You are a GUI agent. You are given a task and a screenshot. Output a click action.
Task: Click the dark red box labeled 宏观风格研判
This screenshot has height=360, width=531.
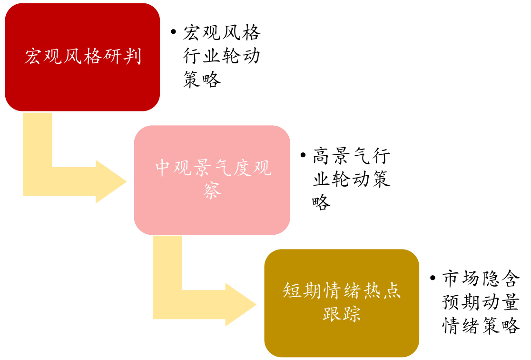(82, 57)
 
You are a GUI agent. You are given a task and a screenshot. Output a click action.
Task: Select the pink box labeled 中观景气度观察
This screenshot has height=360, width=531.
(212, 180)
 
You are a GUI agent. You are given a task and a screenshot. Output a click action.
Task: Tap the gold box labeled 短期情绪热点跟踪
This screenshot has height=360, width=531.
(342, 303)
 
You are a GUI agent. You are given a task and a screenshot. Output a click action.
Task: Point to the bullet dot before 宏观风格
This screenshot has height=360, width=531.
(174, 33)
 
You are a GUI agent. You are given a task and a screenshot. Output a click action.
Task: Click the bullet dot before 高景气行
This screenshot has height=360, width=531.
(303, 156)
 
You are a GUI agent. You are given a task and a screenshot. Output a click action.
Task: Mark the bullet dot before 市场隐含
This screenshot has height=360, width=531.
(433, 278)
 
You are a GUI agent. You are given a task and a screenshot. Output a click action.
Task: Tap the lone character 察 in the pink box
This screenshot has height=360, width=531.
(212, 191)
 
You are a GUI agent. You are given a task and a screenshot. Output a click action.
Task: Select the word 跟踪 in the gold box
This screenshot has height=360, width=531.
(342, 314)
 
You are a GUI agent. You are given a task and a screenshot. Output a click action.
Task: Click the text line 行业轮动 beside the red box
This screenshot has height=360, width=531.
(222, 56)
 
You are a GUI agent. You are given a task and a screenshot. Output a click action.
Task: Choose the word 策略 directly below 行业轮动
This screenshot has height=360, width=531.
(202, 80)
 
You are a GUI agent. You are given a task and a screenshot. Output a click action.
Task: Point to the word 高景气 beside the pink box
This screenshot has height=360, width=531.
(341, 156)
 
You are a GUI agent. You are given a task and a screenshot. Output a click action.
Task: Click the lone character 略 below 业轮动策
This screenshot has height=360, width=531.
(321, 202)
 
